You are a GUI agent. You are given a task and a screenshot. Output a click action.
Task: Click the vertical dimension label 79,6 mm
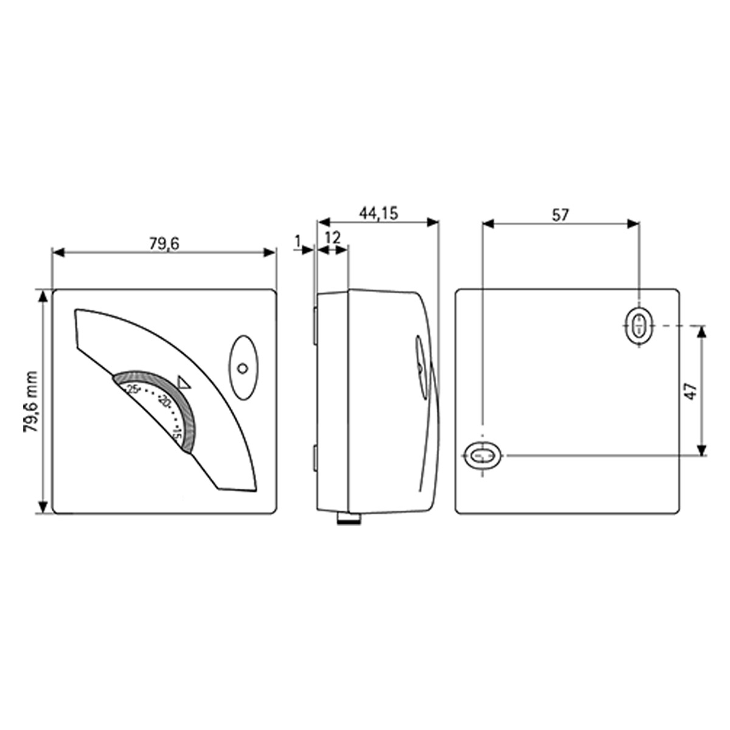click(30, 402)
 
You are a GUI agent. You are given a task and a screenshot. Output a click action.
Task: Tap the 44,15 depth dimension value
click(379, 214)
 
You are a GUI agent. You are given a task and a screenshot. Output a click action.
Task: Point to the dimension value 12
click(333, 238)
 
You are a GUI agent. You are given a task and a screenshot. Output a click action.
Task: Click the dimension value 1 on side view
click(297, 240)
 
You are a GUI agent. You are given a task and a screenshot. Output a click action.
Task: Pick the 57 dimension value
click(560, 215)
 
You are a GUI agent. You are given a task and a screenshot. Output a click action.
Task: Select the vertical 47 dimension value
click(691, 391)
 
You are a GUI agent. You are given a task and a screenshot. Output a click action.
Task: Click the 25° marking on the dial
click(134, 389)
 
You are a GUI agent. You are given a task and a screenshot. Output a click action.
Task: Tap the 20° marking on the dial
click(165, 400)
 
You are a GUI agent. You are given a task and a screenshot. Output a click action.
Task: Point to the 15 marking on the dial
click(176, 434)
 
